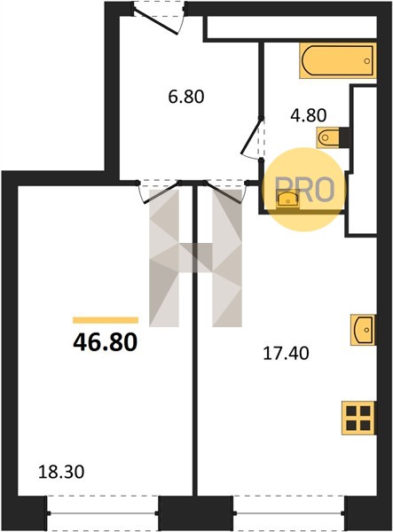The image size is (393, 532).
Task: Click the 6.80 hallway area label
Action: [186, 97]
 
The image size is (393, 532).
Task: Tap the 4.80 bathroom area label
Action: [309, 115]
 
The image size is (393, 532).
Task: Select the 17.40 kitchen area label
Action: [286, 354]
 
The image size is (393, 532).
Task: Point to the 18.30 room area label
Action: [61, 472]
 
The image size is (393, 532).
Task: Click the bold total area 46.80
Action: [106, 342]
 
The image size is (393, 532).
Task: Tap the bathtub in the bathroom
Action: [338, 60]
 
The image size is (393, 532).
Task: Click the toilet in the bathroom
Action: [328, 137]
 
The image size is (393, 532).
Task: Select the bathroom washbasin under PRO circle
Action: [287, 199]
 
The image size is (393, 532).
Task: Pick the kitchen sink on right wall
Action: [363, 330]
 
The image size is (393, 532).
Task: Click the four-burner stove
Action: [359, 418]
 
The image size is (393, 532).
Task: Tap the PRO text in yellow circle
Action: [304, 190]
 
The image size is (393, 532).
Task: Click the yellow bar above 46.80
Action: [106, 320]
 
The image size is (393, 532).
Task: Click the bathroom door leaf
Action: [251, 136]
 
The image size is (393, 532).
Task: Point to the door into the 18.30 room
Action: [161, 192]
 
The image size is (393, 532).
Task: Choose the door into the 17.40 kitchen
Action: [222, 192]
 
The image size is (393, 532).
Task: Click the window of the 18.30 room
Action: [103, 512]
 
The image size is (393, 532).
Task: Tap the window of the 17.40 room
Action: [289, 512]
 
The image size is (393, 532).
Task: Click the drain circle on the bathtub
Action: [366, 61]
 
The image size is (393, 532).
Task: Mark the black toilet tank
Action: [344, 137]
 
